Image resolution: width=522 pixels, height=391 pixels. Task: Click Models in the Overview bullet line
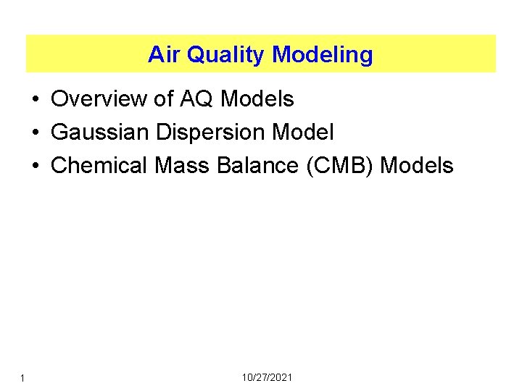click(257, 98)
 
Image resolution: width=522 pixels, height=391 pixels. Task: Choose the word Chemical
click(101, 165)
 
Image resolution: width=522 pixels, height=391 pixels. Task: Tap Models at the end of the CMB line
click(417, 165)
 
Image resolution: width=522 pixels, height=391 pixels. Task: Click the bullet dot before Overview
click(36, 99)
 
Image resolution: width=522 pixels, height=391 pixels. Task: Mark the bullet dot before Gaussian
click(36, 133)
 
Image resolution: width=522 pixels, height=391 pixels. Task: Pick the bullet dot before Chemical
click(36, 166)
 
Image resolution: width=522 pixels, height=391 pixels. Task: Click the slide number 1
click(24, 378)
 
